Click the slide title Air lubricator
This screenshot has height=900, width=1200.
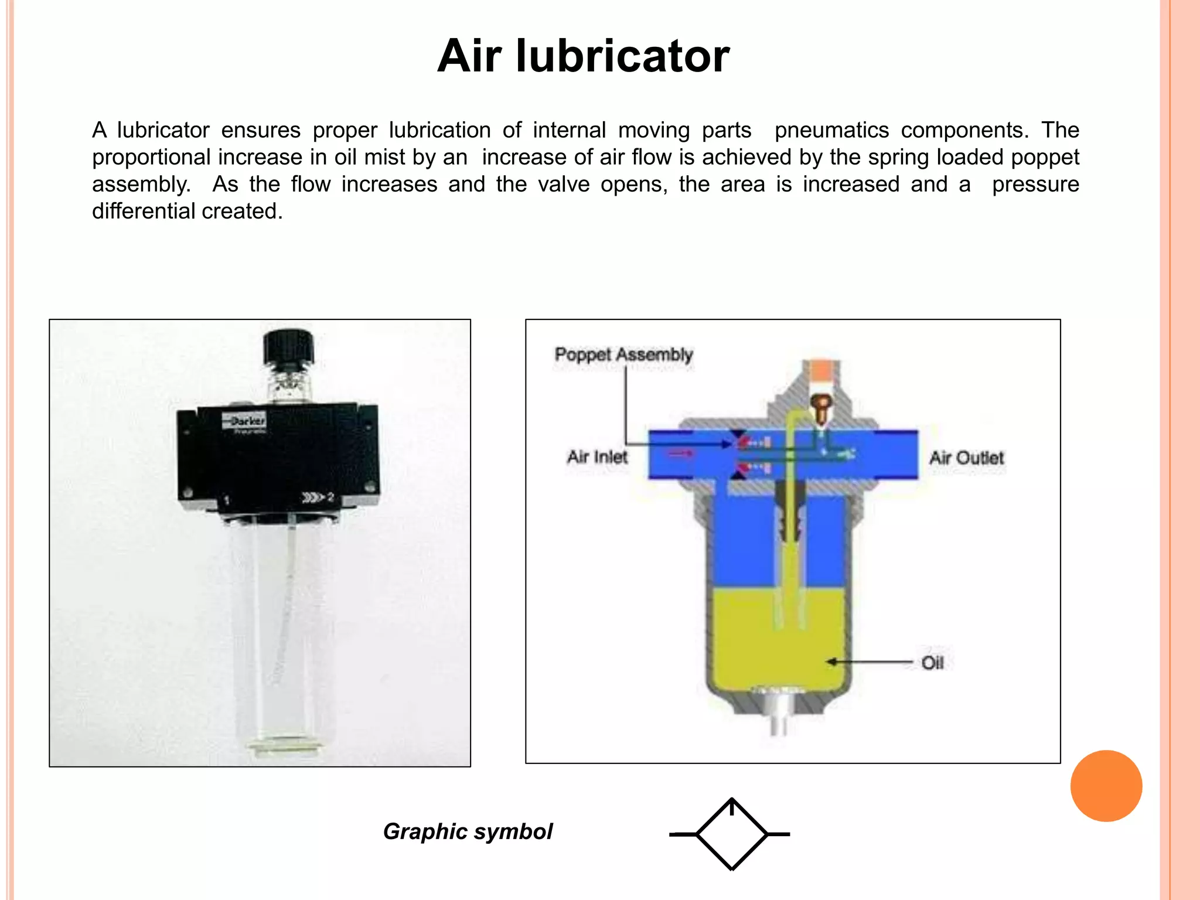584,56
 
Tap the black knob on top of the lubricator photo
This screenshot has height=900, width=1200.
288,347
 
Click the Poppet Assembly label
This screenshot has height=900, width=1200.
623,354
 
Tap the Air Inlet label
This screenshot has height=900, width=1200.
596,457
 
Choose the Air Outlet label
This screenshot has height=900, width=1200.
966,458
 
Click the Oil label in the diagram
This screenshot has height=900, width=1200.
932,663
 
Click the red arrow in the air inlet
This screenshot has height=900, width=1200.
681,453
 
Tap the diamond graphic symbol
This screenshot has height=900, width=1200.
732,834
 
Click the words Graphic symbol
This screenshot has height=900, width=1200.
468,831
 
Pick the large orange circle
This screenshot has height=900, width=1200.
1106,786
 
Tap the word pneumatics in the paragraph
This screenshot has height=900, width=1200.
831,130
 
